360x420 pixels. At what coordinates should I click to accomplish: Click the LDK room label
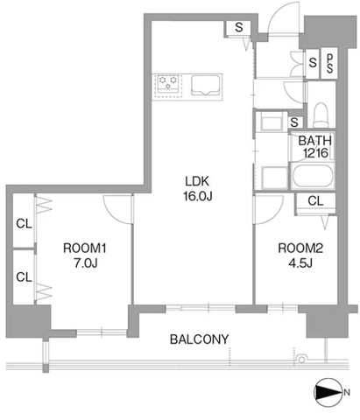tap(197, 181)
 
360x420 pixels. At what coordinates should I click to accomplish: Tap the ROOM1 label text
tap(85, 248)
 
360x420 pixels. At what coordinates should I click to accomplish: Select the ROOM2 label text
tap(300, 248)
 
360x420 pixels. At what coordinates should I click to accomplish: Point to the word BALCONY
tap(200, 339)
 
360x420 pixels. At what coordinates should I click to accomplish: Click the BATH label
tap(315, 141)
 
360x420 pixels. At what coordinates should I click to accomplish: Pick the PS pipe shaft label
tap(329, 63)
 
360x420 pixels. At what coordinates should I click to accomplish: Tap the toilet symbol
tap(321, 115)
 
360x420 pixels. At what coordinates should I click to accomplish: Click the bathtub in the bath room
tap(313, 176)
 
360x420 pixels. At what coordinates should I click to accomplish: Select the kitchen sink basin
tap(206, 85)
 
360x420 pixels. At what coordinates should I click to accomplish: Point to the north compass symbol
tap(328, 393)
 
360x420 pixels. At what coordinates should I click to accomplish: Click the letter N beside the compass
tap(347, 392)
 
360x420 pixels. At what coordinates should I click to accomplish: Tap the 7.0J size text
tap(85, 263)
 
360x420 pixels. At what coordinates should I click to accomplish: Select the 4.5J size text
tap(300, 263)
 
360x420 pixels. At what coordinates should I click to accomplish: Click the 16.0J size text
tap(197, 196)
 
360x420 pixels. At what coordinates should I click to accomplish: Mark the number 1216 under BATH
tap(315, 153)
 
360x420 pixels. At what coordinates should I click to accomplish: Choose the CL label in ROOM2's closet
tap(315, 200)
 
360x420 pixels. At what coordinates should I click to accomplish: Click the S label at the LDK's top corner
tap(239, 27)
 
